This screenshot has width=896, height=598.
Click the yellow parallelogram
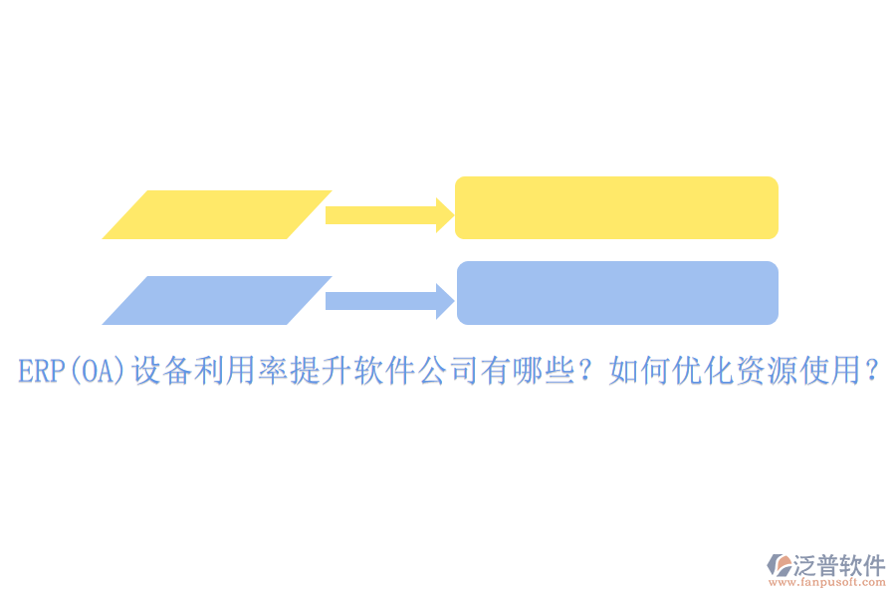pos(217,214)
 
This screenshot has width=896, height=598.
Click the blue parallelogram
pos(217,300)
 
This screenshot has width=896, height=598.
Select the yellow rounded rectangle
pos(616,207)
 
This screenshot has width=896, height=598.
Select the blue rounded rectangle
pos(617,293)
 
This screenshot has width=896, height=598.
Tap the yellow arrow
pos(389,215)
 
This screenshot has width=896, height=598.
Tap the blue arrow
pos(389,301)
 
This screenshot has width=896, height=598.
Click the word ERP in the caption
pos(42,371)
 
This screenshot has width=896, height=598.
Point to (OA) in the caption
pos(98,371)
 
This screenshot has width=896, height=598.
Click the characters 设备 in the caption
pos(161,370)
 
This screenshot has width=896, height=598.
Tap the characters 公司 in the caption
pos(447,370)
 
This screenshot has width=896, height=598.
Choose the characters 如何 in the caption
pos(639,370)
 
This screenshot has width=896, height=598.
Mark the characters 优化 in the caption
pos(703,370)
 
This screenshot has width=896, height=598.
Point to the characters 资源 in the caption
pos(767,370)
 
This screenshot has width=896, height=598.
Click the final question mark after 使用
pos(871,371)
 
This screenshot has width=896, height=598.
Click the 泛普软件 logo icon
pos(780,565)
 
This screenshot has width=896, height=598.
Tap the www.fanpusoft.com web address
pos(827,582)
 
